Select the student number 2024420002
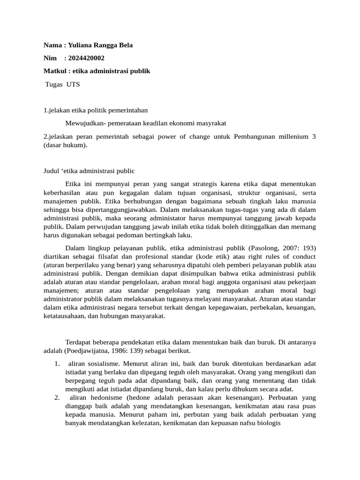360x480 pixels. [x=86, y=58]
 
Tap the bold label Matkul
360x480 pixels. [x=55, y=71]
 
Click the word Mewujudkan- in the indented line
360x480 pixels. [x=84, y=123]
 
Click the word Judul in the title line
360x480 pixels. [x=52, y=171]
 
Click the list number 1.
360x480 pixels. [x=56, y=363]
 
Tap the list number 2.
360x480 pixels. [x=56, y=398]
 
